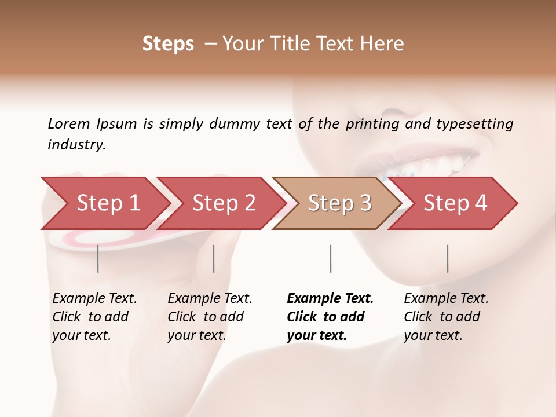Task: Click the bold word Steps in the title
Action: (168, 44)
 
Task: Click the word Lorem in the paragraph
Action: (68, 123)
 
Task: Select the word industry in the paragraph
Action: (76, 144)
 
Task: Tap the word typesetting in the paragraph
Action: (474, 123)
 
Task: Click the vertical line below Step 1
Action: (98, 258)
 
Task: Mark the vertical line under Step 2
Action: (214, 258)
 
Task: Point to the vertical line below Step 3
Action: (330, 258)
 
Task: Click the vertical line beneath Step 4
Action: (447, 258)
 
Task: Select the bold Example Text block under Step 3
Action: (330, 317)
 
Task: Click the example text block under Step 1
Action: (94, 317)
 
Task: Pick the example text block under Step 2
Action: (210, 317)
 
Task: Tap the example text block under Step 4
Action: (446, 317)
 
